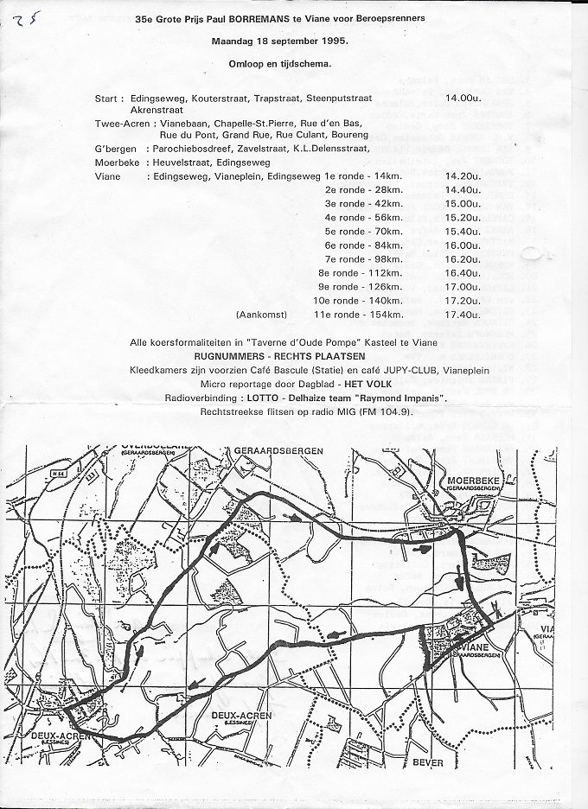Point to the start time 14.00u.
click(463, 99)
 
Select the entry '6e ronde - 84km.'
click(363, 245)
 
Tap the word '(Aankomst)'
click(260, 315)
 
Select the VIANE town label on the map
click(477, 647)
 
